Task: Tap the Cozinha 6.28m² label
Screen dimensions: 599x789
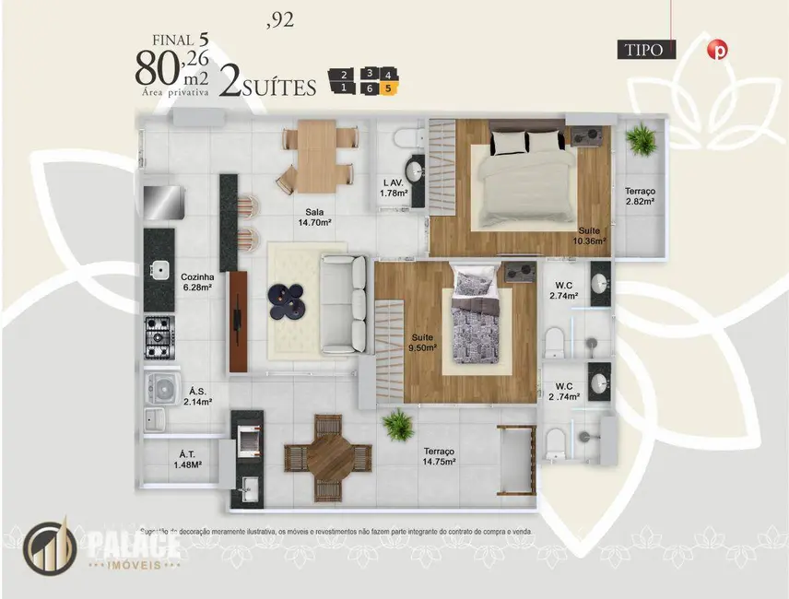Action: pos(197,282)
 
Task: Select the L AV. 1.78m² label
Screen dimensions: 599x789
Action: pos(394,188)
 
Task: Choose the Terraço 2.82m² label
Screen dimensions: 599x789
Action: pos(639,194)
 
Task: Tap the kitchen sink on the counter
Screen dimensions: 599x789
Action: pos(159,271)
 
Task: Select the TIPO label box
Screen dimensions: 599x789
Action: pos(644,50)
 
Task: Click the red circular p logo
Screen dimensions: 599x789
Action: pos(715,51)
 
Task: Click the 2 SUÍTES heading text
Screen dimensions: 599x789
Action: pos(268,86)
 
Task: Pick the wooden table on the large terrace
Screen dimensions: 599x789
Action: pos(327,455)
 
